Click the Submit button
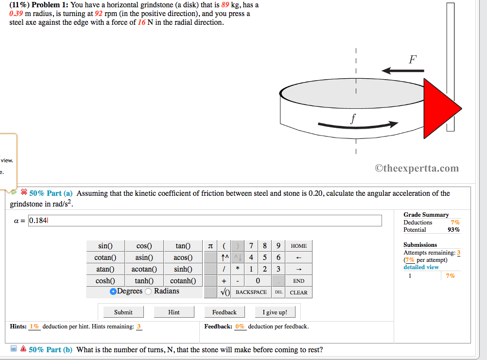pos(123,312)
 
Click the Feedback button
pos(224,312)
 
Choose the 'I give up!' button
pos(275,312)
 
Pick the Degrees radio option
pos(113,291)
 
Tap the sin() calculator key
pos(105,246)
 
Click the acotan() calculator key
pos(144,269)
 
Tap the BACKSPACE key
pos(251,292)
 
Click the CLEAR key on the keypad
pos(298,292)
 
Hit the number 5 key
pos(264,257)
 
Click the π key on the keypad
pos(210,246)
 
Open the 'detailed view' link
pos(421,267)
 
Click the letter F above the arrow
pos(412,60)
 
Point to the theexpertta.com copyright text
pos(417,169)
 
